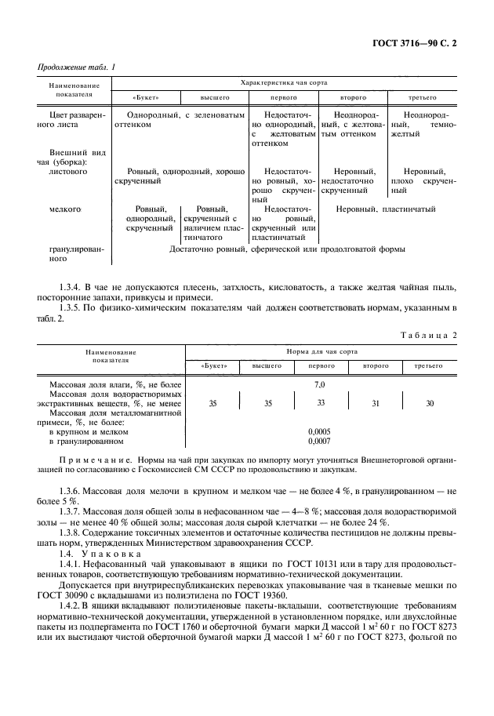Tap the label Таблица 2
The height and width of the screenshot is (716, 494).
pyautogui.click(x=429, y=335)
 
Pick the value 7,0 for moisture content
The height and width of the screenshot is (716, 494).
pyautogui.click(x=319, y=384)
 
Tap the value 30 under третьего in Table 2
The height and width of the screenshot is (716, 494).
pyautogui.click(x=429, y=403)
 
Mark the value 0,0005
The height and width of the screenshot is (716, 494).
pyautogui.click(x=319, y=431)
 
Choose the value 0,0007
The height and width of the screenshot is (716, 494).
pyautogui.click(x=319, y=442)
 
